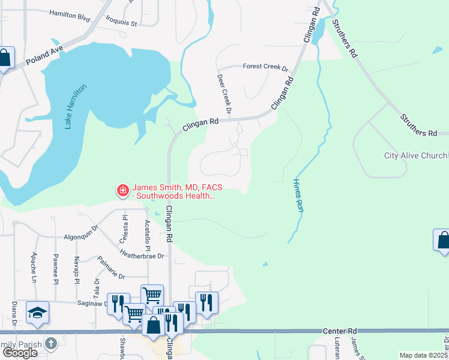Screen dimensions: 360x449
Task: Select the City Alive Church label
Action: [x=415, y=156]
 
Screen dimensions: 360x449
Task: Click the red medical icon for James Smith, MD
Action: [x=123, y=191]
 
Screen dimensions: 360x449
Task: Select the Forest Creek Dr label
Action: [x=265, y=67]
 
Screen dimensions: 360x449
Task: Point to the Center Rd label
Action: [x=340, y=331]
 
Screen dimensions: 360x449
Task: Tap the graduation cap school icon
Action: [x=37, y=312]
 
